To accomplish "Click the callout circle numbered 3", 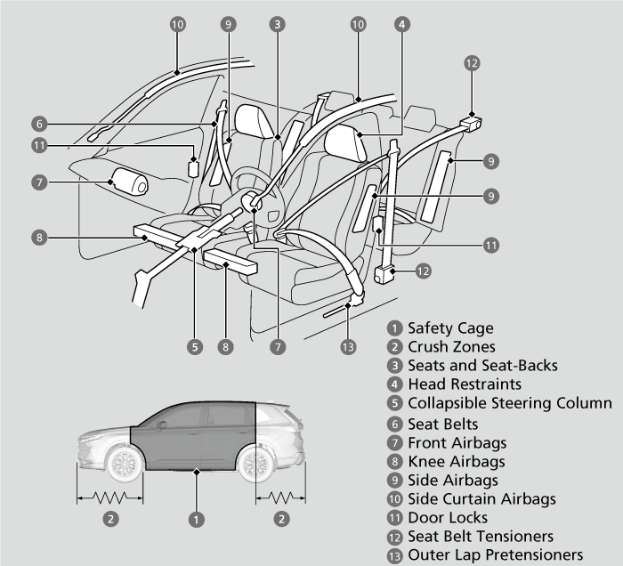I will [x=279, y=25].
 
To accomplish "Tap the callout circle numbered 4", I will [x=402, y=25].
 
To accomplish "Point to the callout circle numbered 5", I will [x=194, y=346].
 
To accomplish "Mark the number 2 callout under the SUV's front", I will [x=110, y=517].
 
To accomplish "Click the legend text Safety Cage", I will [x=449, y=328].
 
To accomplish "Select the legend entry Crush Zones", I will [x=451, y=347].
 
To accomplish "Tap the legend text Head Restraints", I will [x=465, y=384].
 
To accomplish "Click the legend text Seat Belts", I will [x=442, y=424].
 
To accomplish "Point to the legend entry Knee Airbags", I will [x=456, y=461].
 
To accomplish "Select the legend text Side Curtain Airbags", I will [x=481, y=499].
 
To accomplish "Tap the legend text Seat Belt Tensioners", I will [x=481, y=537].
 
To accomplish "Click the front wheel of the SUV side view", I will [x=124, y=465].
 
